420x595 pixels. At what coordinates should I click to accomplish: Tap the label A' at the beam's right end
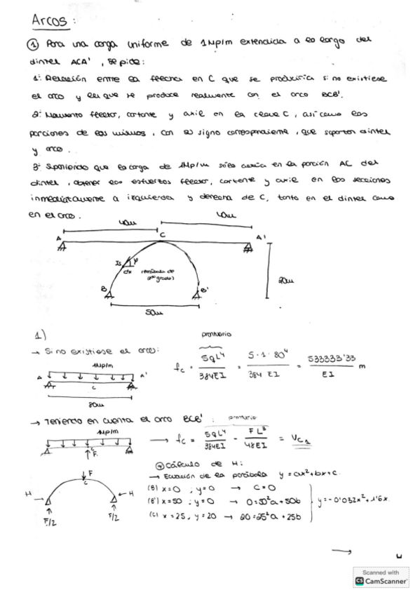(260, 238)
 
